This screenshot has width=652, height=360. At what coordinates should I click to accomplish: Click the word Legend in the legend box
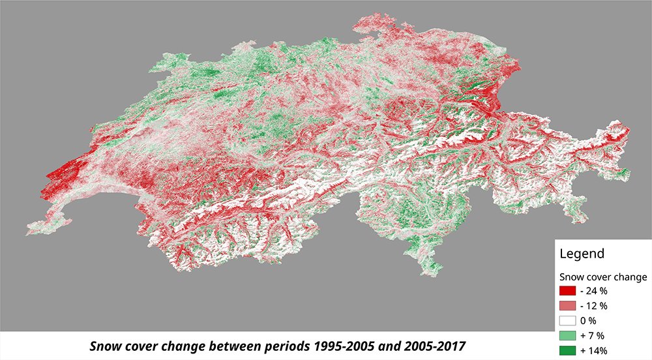coord(580,253)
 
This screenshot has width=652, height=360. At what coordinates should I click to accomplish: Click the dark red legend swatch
coord(568,290)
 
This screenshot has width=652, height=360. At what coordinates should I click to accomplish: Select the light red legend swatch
coord(568,305)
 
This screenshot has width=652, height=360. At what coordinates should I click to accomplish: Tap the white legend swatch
coord(568,320)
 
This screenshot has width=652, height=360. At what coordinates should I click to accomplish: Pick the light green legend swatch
coord(568,335)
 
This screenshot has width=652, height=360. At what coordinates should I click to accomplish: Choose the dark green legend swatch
coord(568,350)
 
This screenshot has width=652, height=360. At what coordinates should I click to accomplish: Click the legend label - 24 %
coord(594,290)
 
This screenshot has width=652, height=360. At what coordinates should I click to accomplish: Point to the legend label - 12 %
coord(594,305)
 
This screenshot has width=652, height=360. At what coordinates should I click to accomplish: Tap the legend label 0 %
coord(591,320)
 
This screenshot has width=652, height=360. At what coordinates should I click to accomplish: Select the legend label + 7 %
coord(592,335)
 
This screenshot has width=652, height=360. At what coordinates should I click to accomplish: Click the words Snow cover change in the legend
coord(603,277)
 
